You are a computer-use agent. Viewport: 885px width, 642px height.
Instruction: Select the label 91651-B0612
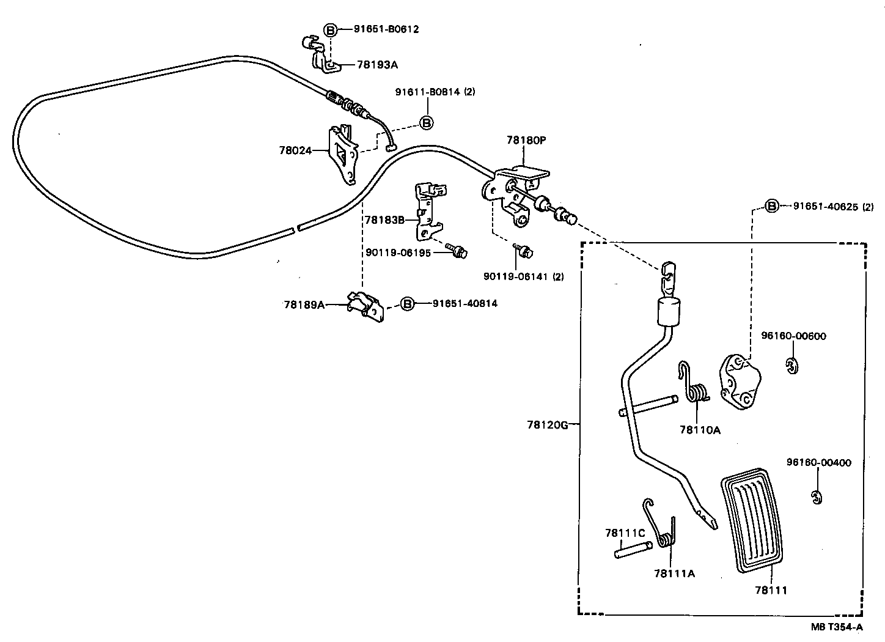point(386,29)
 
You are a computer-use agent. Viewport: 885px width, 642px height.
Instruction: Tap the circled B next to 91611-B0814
point(426,122)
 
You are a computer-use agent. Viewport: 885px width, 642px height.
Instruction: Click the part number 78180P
point(526,140)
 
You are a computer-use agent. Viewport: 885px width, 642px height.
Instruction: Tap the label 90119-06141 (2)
point(523,276)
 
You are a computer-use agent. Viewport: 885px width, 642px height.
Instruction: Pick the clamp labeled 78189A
point(365,305)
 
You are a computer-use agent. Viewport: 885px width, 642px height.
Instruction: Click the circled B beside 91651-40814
point(407,303)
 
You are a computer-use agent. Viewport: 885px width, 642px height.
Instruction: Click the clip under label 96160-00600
point(791,365)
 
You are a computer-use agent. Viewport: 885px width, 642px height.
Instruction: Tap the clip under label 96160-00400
point(816,497)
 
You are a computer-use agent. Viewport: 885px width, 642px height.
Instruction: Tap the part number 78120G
point(548,424)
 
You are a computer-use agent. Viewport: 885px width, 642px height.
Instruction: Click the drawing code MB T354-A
point(837,627)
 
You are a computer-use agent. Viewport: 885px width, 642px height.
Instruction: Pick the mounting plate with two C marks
point(738,380)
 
